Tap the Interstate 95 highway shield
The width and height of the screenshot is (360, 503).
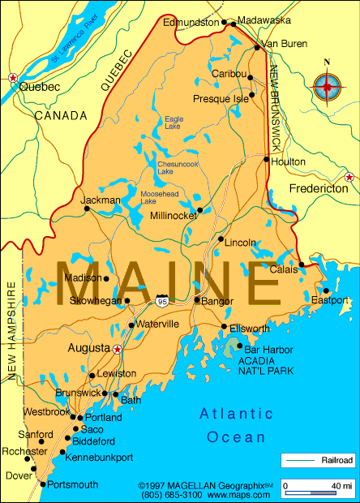coord(162,300)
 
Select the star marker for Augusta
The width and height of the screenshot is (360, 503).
coord(118,349)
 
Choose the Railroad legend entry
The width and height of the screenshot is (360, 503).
coord(318,460)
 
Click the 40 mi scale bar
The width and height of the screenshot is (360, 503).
coord(319,488)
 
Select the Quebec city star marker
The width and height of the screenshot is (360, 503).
coord(12,77)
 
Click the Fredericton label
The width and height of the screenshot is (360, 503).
coord(319,188)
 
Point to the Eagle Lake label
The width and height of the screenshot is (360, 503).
coord(174,123)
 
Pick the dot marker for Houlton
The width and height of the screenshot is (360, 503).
coord(267,159)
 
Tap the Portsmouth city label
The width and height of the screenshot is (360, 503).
coord(73,484)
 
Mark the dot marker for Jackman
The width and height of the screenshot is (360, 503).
coord(87,209)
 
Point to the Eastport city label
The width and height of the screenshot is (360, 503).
coord(330,300)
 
